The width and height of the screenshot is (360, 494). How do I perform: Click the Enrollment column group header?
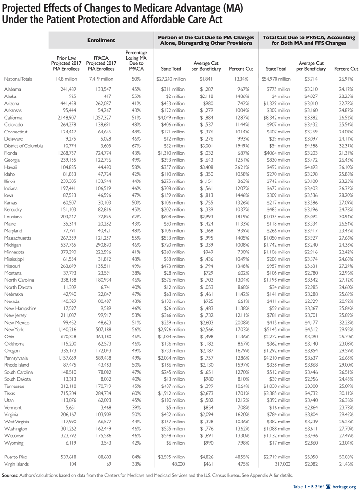(101, 40)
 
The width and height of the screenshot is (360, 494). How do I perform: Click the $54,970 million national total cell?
(276, 79)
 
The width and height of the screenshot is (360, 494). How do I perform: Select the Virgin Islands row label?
(17, 464)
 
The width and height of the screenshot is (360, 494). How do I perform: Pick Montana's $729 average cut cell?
(211, 271)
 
